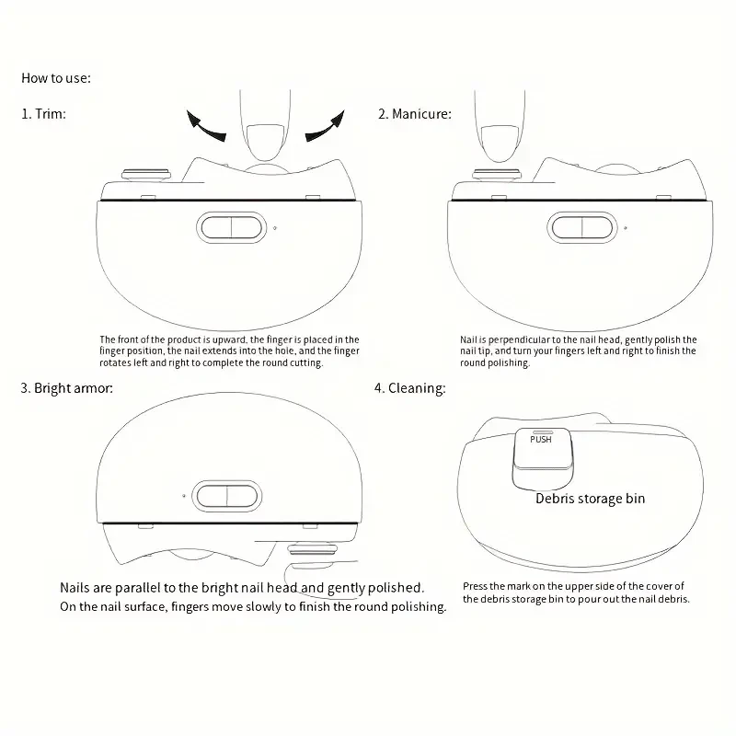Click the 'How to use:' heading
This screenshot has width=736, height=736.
(57, 78)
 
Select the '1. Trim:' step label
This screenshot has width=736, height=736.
(43, 114)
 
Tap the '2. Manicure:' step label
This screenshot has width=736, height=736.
(414, 114)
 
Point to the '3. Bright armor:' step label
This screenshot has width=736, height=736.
(67, 388)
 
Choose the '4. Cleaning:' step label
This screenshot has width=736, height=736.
(409, 388)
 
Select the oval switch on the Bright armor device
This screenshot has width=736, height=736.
(226, 495)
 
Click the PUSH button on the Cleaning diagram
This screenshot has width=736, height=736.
(541, 440)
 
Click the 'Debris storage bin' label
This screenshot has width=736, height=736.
(591, 499)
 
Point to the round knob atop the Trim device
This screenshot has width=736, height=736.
(147, 172)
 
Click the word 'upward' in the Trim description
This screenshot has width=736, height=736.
(224, 339)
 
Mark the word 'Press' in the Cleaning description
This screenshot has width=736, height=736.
(477, 586)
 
